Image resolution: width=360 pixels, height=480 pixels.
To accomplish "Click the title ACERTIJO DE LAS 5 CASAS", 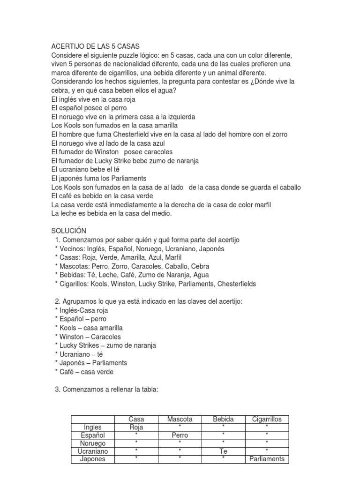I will [x=96, y=46].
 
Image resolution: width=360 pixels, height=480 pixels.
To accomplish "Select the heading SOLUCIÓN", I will [x=69, y=231].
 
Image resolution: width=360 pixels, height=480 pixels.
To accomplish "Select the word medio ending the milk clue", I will [x=162, y=214].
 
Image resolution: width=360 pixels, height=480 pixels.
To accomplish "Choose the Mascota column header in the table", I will [x=180, y=420].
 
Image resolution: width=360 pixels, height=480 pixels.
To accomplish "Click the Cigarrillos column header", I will [x=267, y=420].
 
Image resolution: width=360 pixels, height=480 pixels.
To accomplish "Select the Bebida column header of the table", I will [x=223, y=420].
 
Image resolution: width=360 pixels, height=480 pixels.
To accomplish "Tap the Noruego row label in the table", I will [x=93, y=443].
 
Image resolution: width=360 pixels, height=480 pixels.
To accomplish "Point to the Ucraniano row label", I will [x=93, y=451].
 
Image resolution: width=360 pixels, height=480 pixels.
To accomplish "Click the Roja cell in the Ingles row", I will [x=136, y=427].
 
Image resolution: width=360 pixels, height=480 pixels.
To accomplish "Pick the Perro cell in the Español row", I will [x=180, y=435].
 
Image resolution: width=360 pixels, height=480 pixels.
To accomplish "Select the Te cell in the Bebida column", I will [x=223, y=451].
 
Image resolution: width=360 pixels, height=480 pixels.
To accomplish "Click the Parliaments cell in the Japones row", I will [x=267, y=459].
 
